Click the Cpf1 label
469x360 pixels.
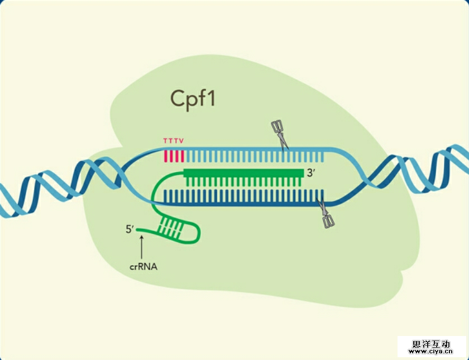(193, 98)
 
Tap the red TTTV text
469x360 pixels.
(173, 141)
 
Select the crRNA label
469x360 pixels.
(143, 267)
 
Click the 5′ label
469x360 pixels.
(130, 229)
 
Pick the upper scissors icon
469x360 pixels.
(279, 134)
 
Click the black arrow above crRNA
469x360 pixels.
(143, 246)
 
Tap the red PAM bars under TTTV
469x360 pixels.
(174, 155)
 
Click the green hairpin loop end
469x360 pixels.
(197, 231)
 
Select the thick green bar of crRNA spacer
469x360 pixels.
(243, 173)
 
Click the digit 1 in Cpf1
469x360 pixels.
(211, 98)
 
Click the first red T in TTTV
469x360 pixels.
(165, 141)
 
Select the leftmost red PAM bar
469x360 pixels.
(166, 155)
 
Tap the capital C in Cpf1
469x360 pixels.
(178, 98)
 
